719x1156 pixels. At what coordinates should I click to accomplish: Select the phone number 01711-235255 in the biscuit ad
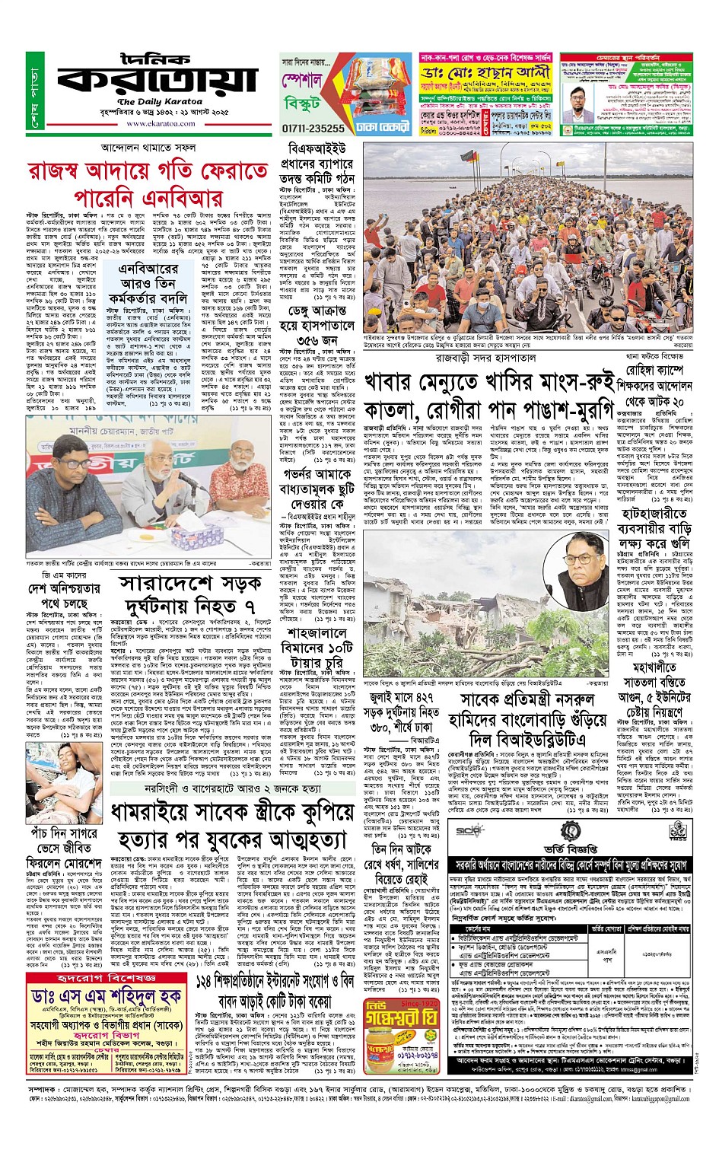pos(313,129)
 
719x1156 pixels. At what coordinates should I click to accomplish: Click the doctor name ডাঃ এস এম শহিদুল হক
pos(107,997)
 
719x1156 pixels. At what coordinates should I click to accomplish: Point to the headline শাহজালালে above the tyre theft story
pos(317,634)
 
